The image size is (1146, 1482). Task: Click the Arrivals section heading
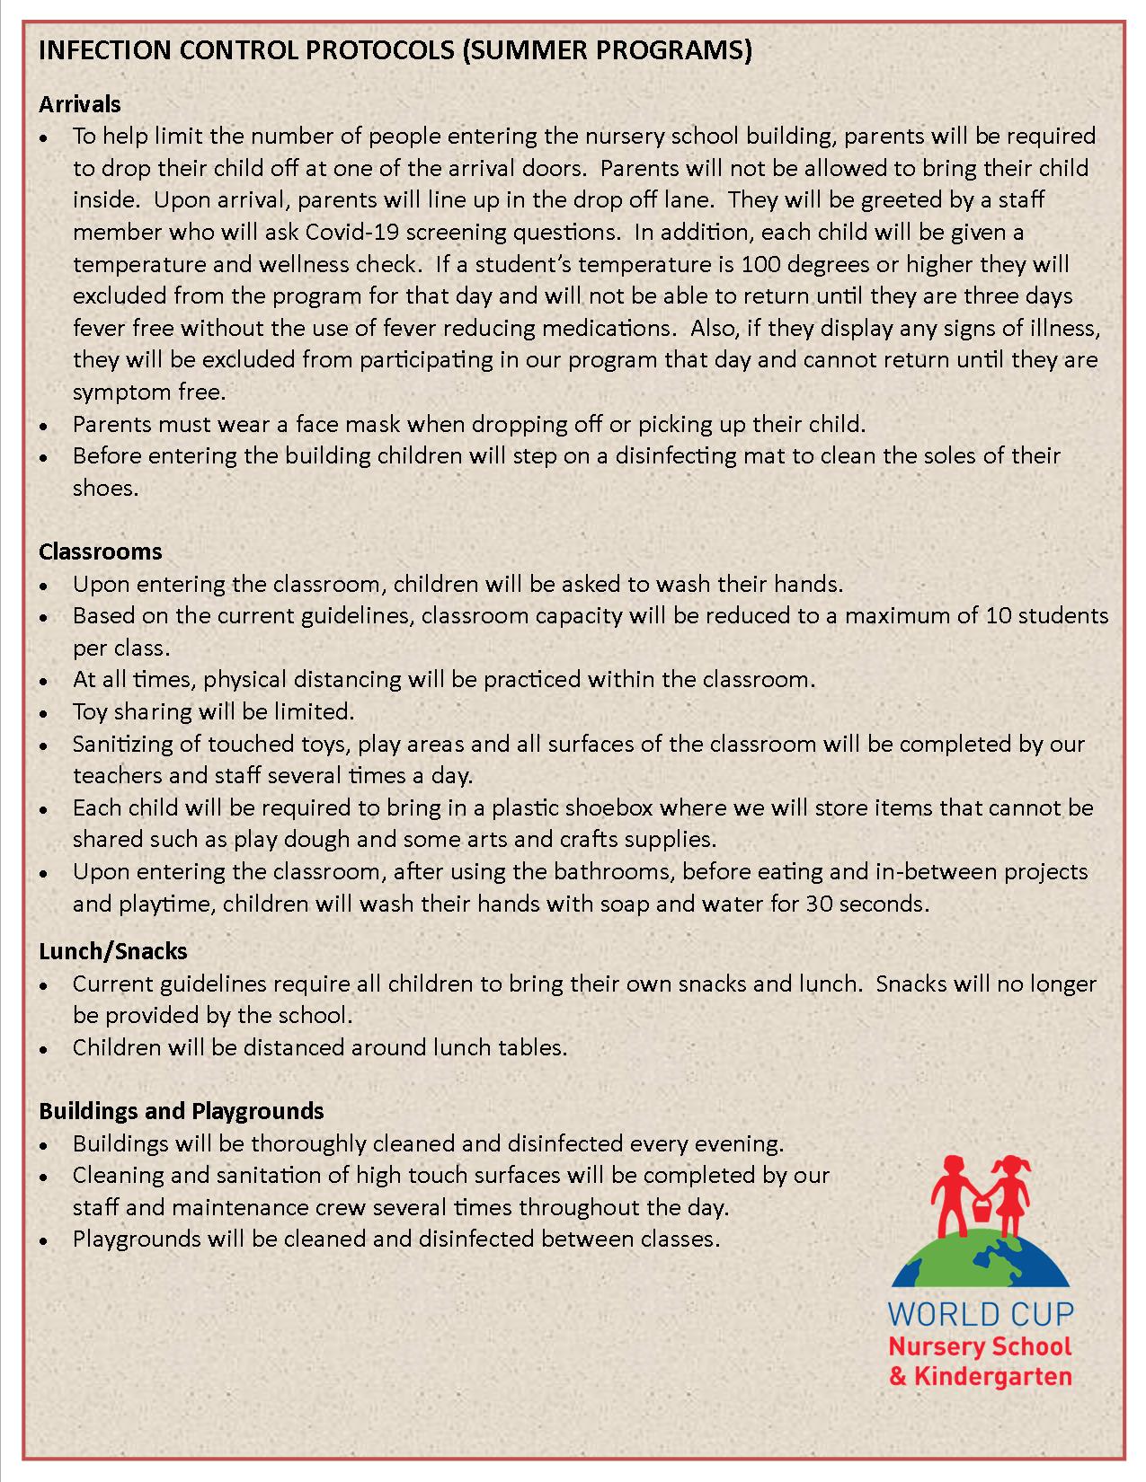79,104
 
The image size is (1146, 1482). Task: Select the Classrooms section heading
100,551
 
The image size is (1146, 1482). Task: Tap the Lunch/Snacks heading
112,950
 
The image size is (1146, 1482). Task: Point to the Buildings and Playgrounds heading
181,1111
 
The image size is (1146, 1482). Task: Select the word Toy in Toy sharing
88,712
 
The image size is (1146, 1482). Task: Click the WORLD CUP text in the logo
980,1314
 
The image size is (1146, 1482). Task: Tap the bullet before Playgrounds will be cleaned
45,1240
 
